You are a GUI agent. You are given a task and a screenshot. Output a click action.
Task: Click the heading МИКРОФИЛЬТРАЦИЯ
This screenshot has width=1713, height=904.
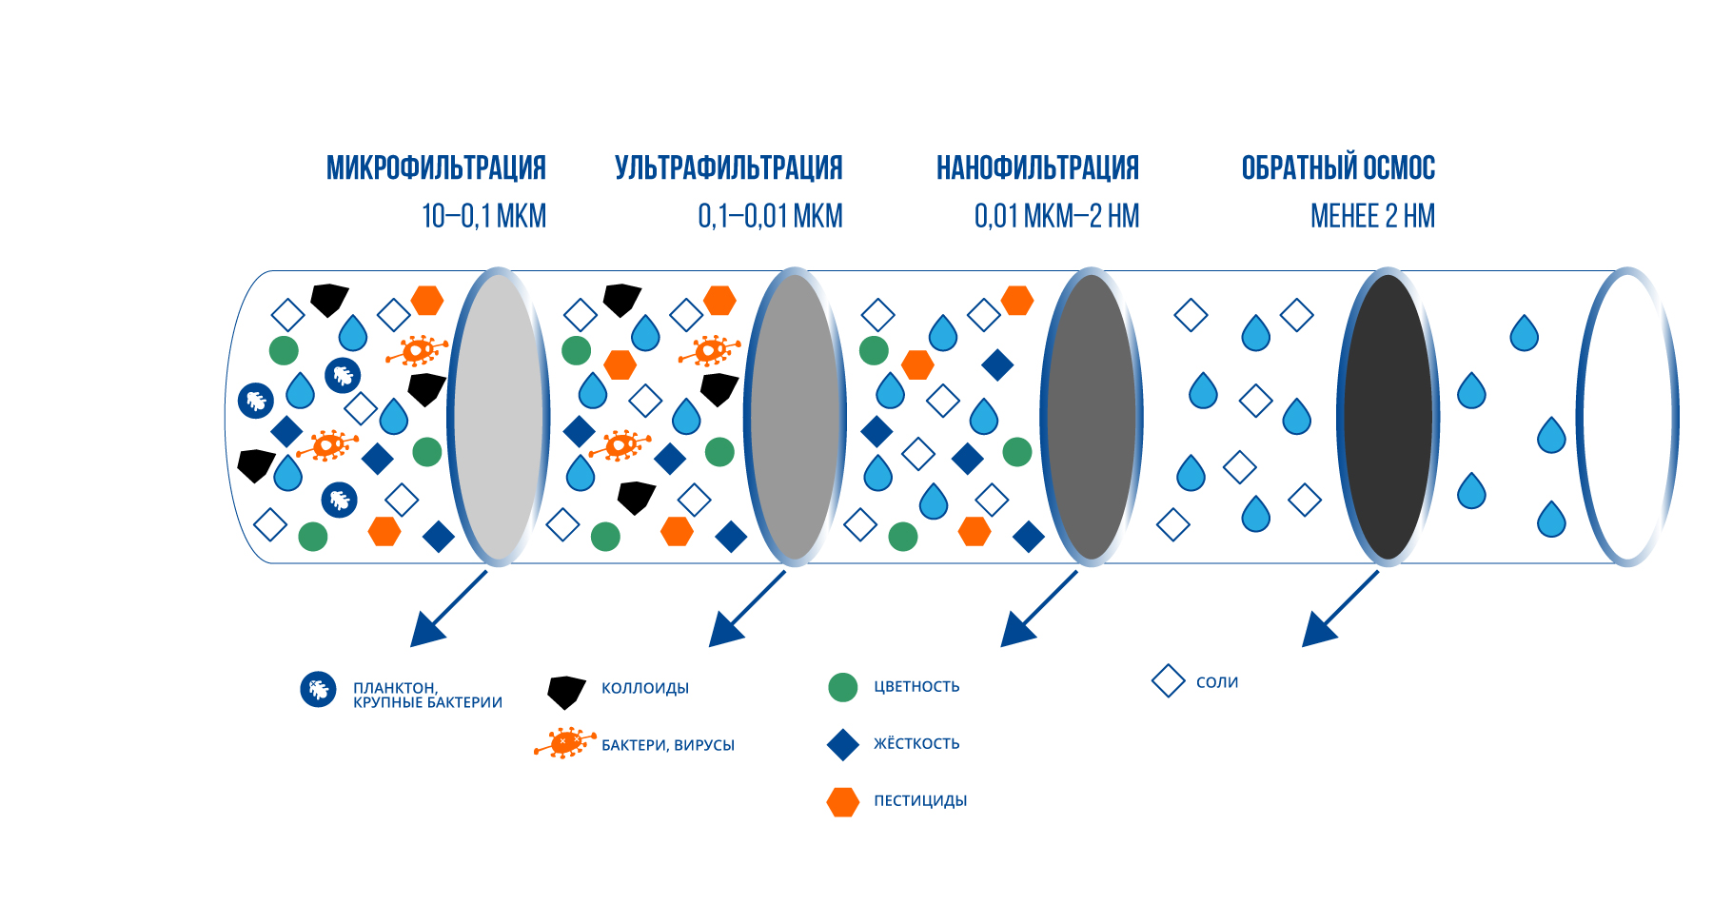436,167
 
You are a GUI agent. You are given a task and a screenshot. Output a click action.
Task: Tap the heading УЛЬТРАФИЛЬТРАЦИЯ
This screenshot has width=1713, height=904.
729,167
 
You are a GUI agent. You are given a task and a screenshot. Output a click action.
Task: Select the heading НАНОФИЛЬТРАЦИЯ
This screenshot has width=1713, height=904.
1037,167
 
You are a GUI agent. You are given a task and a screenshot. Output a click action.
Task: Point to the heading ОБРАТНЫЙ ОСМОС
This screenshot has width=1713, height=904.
1338,167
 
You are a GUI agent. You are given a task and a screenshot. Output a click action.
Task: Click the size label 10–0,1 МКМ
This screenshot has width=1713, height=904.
484,216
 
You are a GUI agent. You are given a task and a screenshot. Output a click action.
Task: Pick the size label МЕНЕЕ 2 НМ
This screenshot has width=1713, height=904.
1372,216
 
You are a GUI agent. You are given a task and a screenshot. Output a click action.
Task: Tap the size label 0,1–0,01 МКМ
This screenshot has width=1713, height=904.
770,216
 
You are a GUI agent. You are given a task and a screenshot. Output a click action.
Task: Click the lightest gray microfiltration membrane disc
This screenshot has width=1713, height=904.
499,417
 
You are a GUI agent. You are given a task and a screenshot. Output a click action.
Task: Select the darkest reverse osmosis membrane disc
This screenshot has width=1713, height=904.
1388,417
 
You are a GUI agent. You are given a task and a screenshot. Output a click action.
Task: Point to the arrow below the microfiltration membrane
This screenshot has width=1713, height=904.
448,609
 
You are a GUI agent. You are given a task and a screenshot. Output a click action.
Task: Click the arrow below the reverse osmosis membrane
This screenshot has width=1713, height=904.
1340,609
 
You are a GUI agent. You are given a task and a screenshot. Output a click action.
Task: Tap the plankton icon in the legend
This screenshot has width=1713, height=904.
318,689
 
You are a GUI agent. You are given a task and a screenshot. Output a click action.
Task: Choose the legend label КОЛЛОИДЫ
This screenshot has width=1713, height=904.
645,688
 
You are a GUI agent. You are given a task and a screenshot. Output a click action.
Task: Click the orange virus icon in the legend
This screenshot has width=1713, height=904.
565,742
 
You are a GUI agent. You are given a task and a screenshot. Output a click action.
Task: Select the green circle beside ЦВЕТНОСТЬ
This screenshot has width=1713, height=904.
843,687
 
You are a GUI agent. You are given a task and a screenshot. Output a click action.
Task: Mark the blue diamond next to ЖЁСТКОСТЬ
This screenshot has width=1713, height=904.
843,745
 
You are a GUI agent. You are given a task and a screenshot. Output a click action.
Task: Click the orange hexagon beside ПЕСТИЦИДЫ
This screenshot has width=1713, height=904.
843,802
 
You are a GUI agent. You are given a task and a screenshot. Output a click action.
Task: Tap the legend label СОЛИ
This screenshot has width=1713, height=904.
1217,682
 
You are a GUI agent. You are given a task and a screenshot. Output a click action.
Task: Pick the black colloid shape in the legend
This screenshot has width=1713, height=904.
565,692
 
